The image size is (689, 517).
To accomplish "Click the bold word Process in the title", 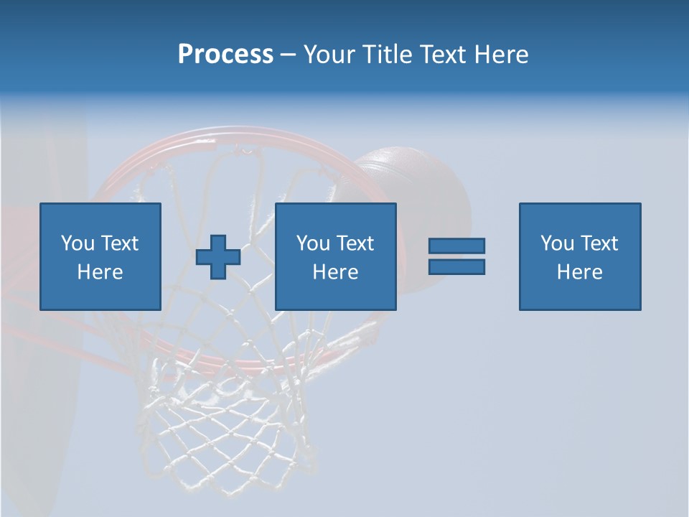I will click(x=225, y=55).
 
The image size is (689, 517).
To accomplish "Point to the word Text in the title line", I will click(x=441, y=55).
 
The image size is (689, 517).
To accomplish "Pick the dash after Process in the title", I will click(x=288, y=55).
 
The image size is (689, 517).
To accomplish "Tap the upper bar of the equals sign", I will click(x=456, y=246).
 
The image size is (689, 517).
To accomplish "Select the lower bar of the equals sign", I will click(x=456, y=267).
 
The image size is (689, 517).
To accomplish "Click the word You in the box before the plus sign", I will click(x=77, y=243).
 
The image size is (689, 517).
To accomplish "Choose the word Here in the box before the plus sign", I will click(x=100, y=272).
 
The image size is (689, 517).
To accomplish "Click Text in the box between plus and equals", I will click(x=355, y=243).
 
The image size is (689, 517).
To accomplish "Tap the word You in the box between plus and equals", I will click(x=312, y=243).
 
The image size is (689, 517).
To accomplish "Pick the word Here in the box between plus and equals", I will click(x=335, y=272).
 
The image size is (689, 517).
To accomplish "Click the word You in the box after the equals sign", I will click(x=556, y=243).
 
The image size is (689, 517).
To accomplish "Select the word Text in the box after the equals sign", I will click(x=599, y=243).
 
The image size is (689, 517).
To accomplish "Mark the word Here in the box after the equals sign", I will click(x=579, y=272).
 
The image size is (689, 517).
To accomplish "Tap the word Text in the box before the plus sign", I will click(x=119, y=243).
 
